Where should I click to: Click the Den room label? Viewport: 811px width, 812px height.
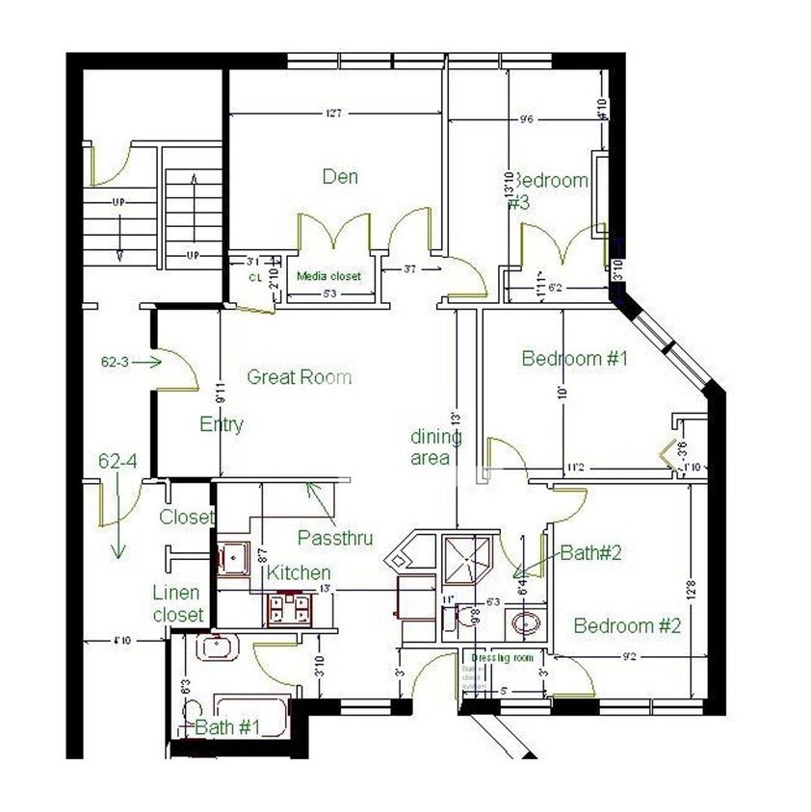click(x=340, y=176)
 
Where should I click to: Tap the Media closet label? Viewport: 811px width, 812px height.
click(x=328, y=276)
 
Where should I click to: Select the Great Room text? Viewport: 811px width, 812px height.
click(x=300, y=377)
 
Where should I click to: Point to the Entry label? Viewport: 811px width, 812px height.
click(x=222, y=424)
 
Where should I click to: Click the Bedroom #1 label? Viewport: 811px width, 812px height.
click(x=574, y=359)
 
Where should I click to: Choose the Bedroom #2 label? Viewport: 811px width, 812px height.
click(x=627, y=626)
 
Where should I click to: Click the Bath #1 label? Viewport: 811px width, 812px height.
click(x=227, y=727)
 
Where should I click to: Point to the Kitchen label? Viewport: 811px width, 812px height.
click(x=299, y=573)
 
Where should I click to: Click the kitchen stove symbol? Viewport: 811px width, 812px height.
click(x=289, y=609)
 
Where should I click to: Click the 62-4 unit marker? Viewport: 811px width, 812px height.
click(x=118, y=462)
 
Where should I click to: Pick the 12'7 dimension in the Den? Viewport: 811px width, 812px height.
click(x=334, y=114)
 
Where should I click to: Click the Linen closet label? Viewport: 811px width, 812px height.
click(x=178, y=603)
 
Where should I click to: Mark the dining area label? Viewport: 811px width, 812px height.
click(x=435, y=447)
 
